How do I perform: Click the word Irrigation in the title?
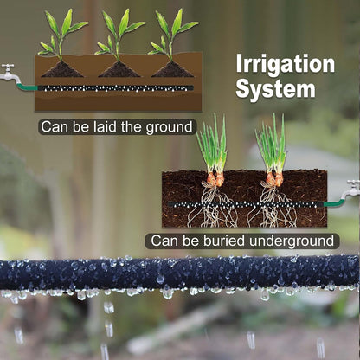286,65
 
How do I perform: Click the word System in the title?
275,89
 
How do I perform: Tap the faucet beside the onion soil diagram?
351,190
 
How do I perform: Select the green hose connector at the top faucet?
27,87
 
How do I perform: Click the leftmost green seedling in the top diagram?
62,35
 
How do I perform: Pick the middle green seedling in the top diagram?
119,35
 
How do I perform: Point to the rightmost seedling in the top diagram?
172,35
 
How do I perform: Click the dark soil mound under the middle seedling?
119,70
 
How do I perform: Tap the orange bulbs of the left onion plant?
215,179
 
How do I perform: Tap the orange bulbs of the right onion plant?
274,179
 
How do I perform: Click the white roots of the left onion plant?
213,205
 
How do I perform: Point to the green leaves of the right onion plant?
271,145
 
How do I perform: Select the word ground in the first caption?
170,127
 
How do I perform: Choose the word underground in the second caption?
292,241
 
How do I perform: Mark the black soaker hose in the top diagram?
115,88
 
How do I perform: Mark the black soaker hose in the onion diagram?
246,204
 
